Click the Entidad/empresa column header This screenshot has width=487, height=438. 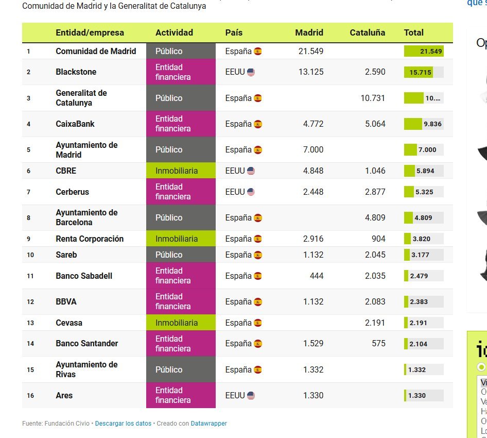click(x=90, y=32)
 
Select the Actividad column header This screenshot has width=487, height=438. click(x=174, y=32)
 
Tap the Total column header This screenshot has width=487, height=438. click(x=413, y=32)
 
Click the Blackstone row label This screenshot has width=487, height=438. click(x=76, y=72)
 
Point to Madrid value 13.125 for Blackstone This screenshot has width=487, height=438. click(x=311, y=72)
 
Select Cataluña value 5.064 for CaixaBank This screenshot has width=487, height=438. click(x=375, y=124)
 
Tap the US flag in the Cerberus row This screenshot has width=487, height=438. click(x=251, y=192)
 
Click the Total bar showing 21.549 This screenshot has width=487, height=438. click(x=423, y=51)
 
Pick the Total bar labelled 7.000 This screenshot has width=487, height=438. click(x=423, y=150)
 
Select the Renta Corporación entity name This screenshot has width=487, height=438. click(x=90, y=239)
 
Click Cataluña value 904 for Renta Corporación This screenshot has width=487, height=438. click(x=378, y=239)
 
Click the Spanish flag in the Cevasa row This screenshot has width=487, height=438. click(x=257, y=323)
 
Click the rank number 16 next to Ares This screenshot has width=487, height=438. click(x=30, y=395)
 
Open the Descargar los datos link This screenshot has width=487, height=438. click(x=123, y=424)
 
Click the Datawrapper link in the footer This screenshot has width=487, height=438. click(x=208, y=424)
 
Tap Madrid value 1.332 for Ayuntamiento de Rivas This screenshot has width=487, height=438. click(x=313, y=369)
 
